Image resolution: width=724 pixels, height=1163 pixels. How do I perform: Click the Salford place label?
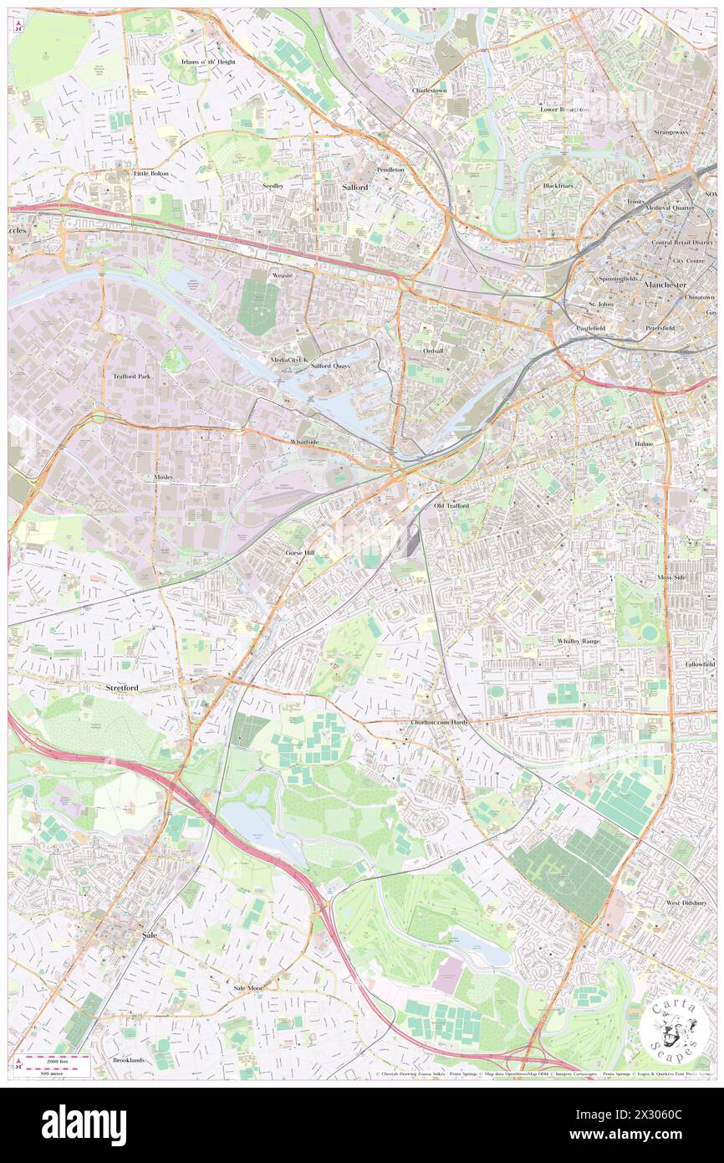point(355,187)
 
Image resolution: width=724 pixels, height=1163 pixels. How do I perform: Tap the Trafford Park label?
point(131,377)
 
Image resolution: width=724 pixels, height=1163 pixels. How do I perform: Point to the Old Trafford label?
point(451,506)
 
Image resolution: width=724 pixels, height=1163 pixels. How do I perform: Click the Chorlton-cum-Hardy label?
point(439,722)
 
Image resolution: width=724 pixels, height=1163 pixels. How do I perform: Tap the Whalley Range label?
point(579,641)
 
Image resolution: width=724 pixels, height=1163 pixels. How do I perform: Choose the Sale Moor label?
point(247,988)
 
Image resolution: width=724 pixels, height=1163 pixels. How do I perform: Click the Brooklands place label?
point(128,1060)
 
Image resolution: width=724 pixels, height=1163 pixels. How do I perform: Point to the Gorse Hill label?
point(299,554)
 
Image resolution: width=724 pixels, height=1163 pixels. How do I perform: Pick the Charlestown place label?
point(429,90)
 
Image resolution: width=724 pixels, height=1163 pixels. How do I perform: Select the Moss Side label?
point(676,577)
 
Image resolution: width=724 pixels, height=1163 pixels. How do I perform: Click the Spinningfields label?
point(619,278)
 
